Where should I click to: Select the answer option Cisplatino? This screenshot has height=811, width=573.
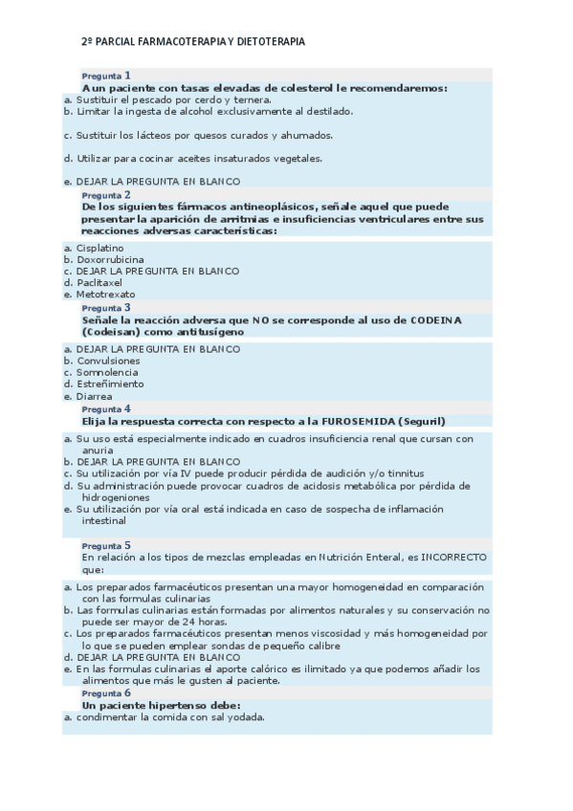click(x=99, y=248)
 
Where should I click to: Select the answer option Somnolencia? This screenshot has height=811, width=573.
click(x=107, y=372)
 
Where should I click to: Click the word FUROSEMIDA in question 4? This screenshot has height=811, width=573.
click(x=346, y=421)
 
